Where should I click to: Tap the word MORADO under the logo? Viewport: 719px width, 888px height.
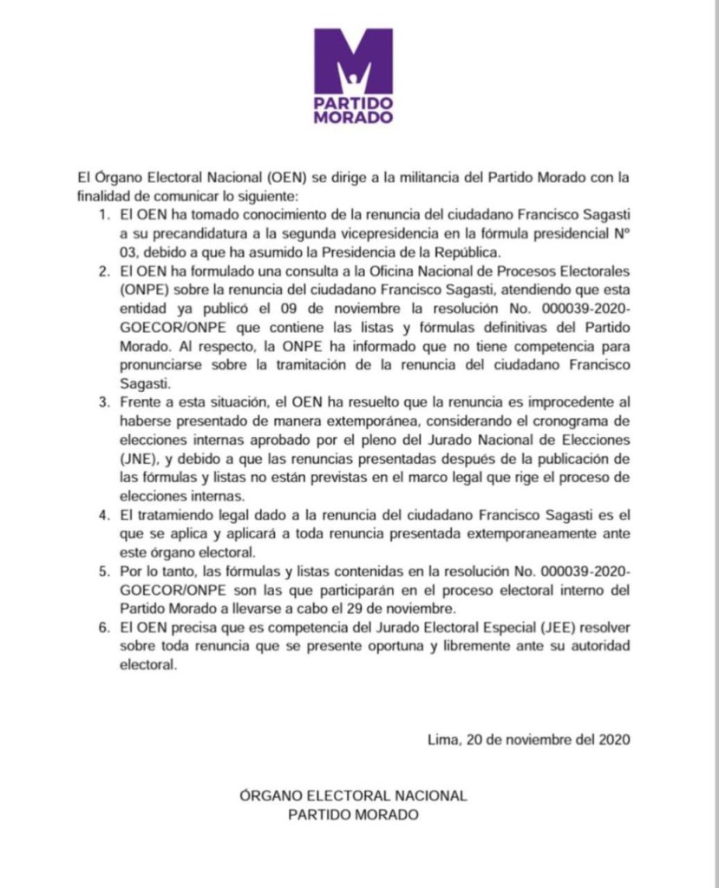coord(353,117)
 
